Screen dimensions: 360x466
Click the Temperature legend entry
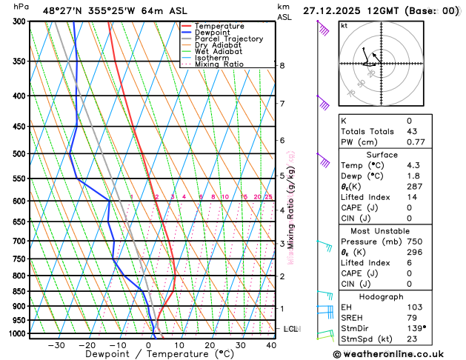(x=215, y=26)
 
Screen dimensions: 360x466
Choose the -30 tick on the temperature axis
(x=56, y=345)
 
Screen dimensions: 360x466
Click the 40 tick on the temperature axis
(x=272, y=345)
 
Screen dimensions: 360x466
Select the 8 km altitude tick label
(x=282, y=65)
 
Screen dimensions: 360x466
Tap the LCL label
(x=290, y=328)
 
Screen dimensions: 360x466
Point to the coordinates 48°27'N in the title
(x=64, y=10)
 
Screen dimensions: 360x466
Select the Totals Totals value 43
(x=413, y=131)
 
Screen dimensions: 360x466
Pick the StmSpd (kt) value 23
(x=413, y=339)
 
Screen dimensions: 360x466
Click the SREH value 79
(x=413, y=317)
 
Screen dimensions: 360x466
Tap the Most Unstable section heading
(x=399, y=230)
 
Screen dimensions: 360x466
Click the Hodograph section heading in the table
(x=399, y=296)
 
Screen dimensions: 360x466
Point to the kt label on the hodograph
(x=344, y=25)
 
